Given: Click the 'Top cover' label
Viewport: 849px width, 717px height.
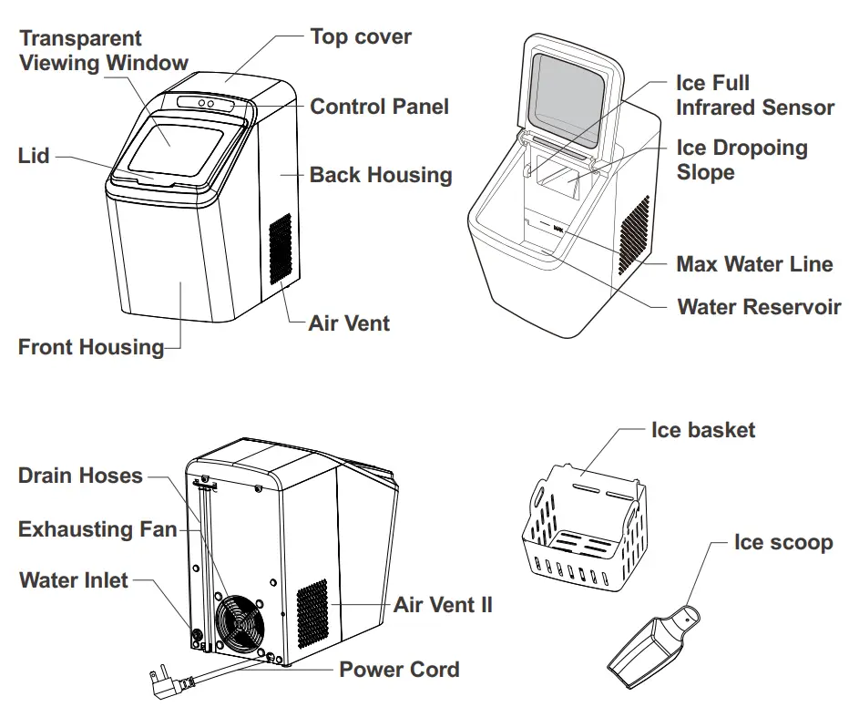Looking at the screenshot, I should [x=361, y=37].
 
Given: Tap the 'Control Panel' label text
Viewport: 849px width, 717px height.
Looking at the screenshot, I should [x=379, y=107].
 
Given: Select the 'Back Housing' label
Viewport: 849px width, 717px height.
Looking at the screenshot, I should [x=381, y=175].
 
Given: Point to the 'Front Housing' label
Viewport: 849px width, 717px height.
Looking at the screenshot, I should [x=91, y=347].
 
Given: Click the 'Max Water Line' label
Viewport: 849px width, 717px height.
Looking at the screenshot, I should [x=754, y=265].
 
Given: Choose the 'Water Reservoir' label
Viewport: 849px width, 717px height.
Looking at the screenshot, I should [x=759, y=307].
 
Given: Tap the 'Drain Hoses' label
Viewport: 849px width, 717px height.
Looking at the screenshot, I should [x=80, y=476].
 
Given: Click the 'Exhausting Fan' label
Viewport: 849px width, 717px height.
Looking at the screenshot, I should [x=97, y=529].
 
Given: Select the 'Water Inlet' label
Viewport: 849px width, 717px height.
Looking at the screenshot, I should [x=74, y=580].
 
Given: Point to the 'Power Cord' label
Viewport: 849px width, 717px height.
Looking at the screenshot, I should [x=399, y=670].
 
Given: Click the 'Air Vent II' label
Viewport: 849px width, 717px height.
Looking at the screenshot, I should [x=443, y=604].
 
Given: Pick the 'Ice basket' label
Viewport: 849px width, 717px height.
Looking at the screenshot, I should [x=702, y=430].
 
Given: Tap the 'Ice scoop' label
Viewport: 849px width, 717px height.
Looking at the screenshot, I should [x=783, y=543].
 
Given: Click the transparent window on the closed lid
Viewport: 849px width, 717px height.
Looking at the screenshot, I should [x=173, y=146].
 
